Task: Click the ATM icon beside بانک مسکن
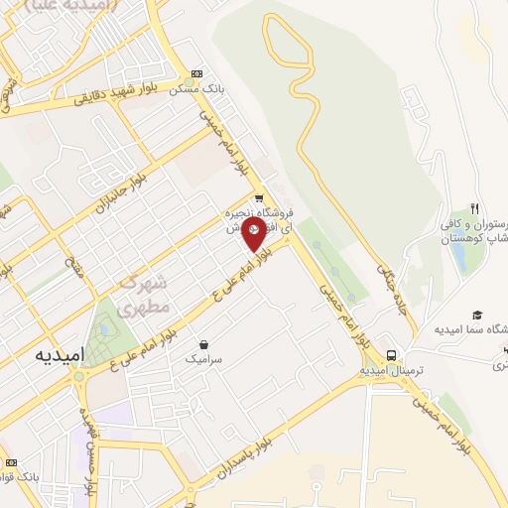(197, 73)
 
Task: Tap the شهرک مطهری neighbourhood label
(145, 295)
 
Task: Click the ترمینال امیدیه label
(391, 370)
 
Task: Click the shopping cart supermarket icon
(259, 197)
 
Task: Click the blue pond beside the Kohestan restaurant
(460, 253)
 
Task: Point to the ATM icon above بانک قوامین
(11, 462)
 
